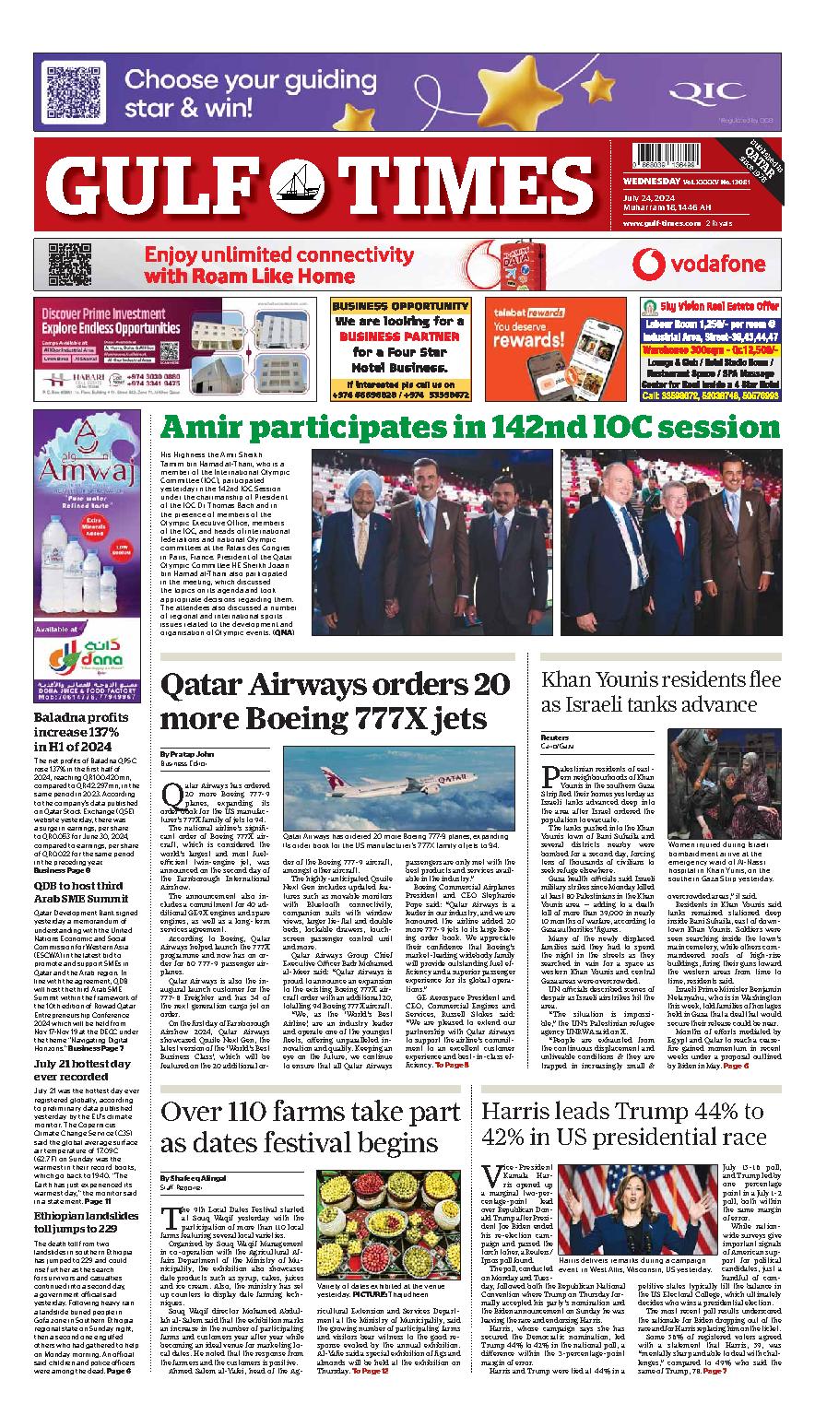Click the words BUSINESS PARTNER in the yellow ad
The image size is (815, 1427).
coord(397,336)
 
